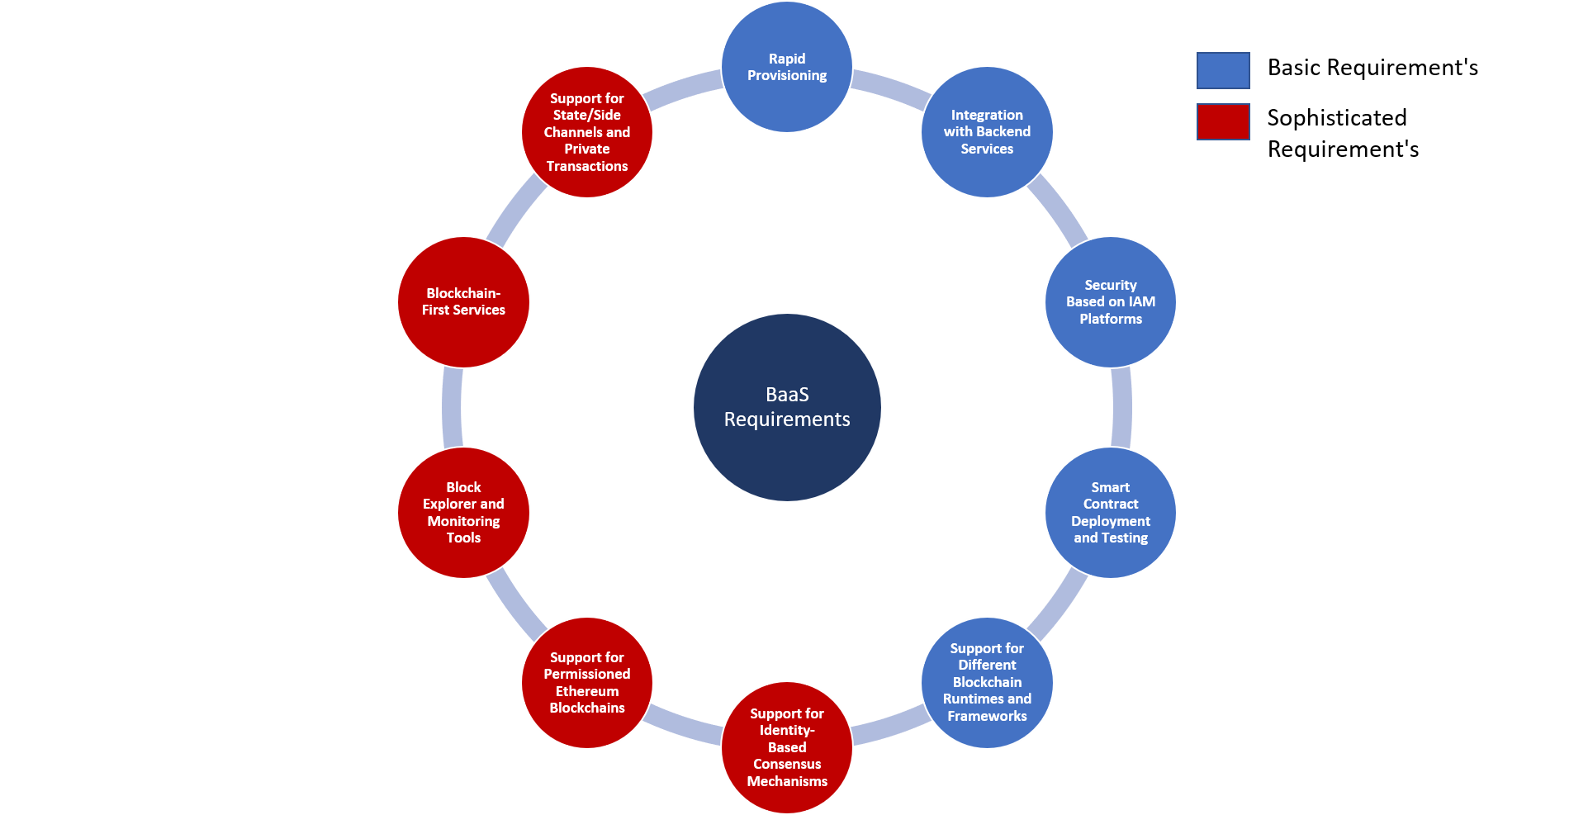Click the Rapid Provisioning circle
point(787,67)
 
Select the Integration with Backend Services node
point(987,132)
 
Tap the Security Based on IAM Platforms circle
point(1111,302)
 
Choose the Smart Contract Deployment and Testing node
point(1111,513)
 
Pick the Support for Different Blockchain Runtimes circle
point(987,683)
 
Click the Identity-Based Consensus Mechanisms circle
point(787,747)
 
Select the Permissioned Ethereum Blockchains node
point(587,683)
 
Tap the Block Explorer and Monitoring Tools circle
point(463,513)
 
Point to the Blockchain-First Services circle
point(463,302)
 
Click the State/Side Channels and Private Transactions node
point(587,132)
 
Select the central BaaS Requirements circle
point(787,407)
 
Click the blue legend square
point(1223,71)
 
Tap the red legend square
point(1223,122)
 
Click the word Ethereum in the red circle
point(587,691)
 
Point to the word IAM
point(1142,302)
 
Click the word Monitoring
point(463,521)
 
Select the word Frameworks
point(987,717)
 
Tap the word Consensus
point(787,765)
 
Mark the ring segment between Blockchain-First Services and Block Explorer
point(453,407)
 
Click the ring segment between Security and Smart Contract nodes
point(1121,407)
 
